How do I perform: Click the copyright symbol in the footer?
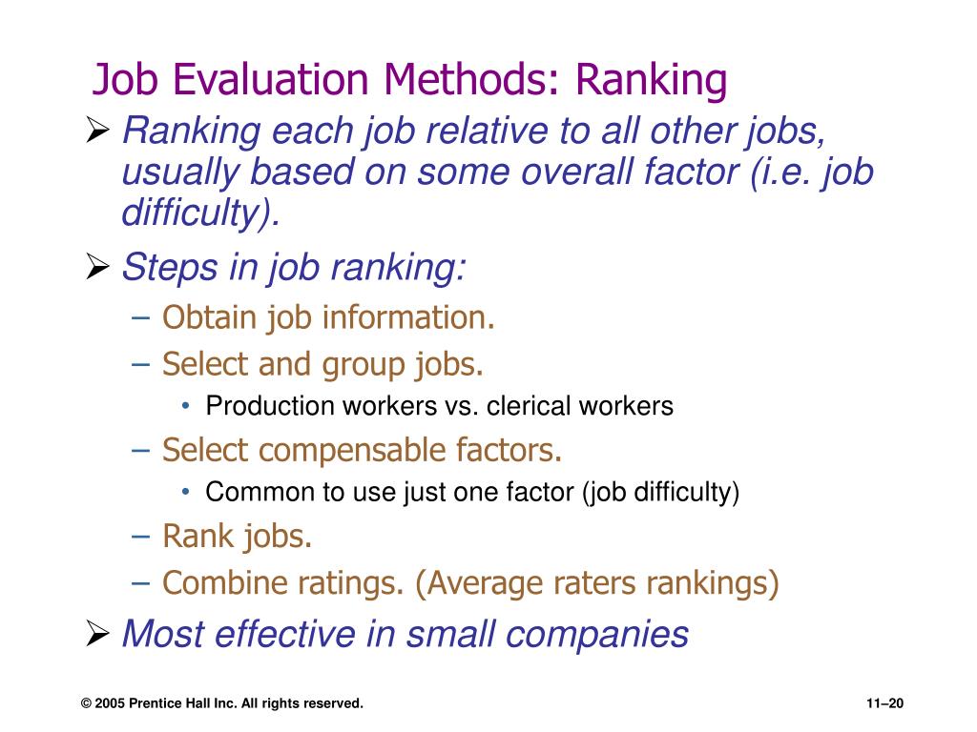[x=86, y=703]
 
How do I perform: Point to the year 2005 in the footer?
[x=110, y=703]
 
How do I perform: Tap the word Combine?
[x=215, y=582]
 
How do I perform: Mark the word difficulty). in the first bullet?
[x=201, y=213]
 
